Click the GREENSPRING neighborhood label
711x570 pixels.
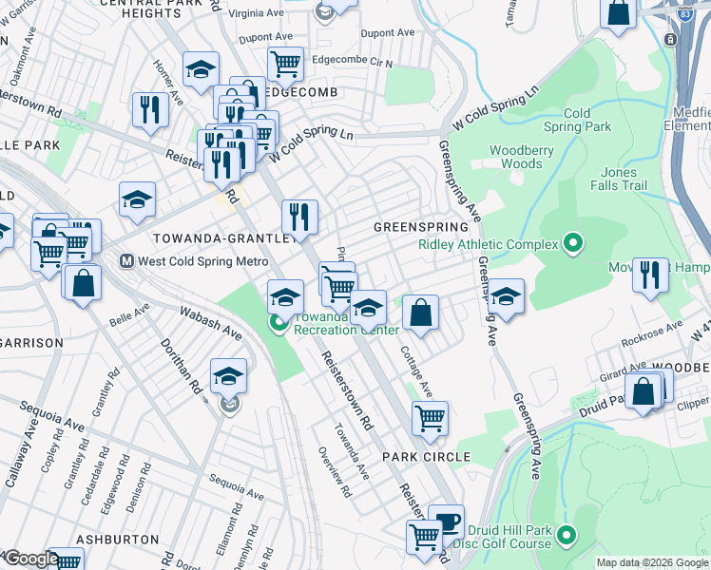point(420,228)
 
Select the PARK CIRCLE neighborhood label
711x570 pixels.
point(427,457)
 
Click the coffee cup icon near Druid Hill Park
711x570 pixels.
point(446,522)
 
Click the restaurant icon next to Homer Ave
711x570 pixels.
point(149,109)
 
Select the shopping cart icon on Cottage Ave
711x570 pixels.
point(430,417)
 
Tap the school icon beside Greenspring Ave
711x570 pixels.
point(507,295)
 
